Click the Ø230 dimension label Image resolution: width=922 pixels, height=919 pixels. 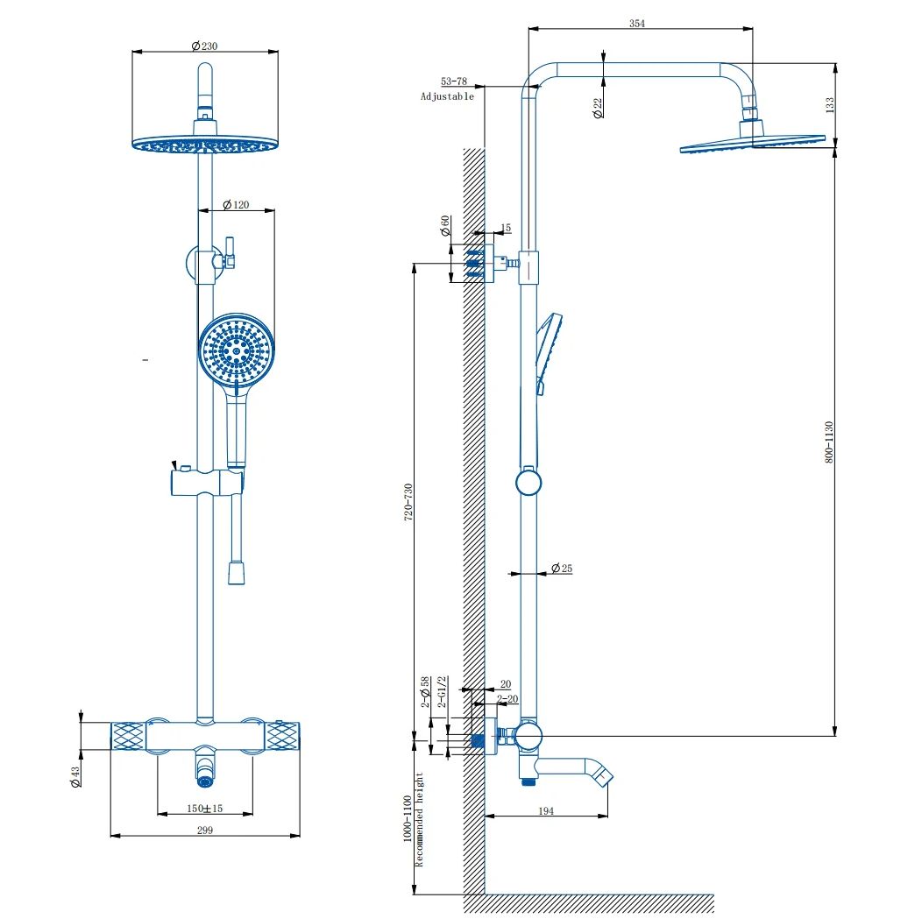pyautogui.click(x=204, y=46)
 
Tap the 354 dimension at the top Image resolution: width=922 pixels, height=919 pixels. pyautogui.click(x=637, y=24)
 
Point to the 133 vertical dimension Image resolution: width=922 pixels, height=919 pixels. pyautogui.click(x=829, y=103)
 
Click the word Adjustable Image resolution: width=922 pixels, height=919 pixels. pyautogui.click(x=447, y=96)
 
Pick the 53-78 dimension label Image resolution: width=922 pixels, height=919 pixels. pyautogui.click(x=454, y=81)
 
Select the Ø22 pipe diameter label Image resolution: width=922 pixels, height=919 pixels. pyautogui.click(x=598, y=108)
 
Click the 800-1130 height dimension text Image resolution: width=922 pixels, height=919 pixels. pyautogui.click(x=829, y=442)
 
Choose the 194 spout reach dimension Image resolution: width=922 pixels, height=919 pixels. pyautogui.click(x=545, y=811)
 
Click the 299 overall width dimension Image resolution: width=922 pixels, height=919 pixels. pyautogui.click(x=205, y=830)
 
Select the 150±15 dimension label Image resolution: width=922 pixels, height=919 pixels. pyautogui.click(x=205, y=808)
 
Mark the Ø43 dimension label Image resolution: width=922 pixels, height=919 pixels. pyautogui.click(x=76, y=777)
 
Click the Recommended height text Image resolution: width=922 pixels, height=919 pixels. pyautogui.click(x=420, y=820)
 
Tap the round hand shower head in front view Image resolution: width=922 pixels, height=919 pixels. pyautogui.click(x=236, y=351)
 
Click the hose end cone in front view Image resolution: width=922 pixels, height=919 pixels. pyautogui.click(x=236, y=573)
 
